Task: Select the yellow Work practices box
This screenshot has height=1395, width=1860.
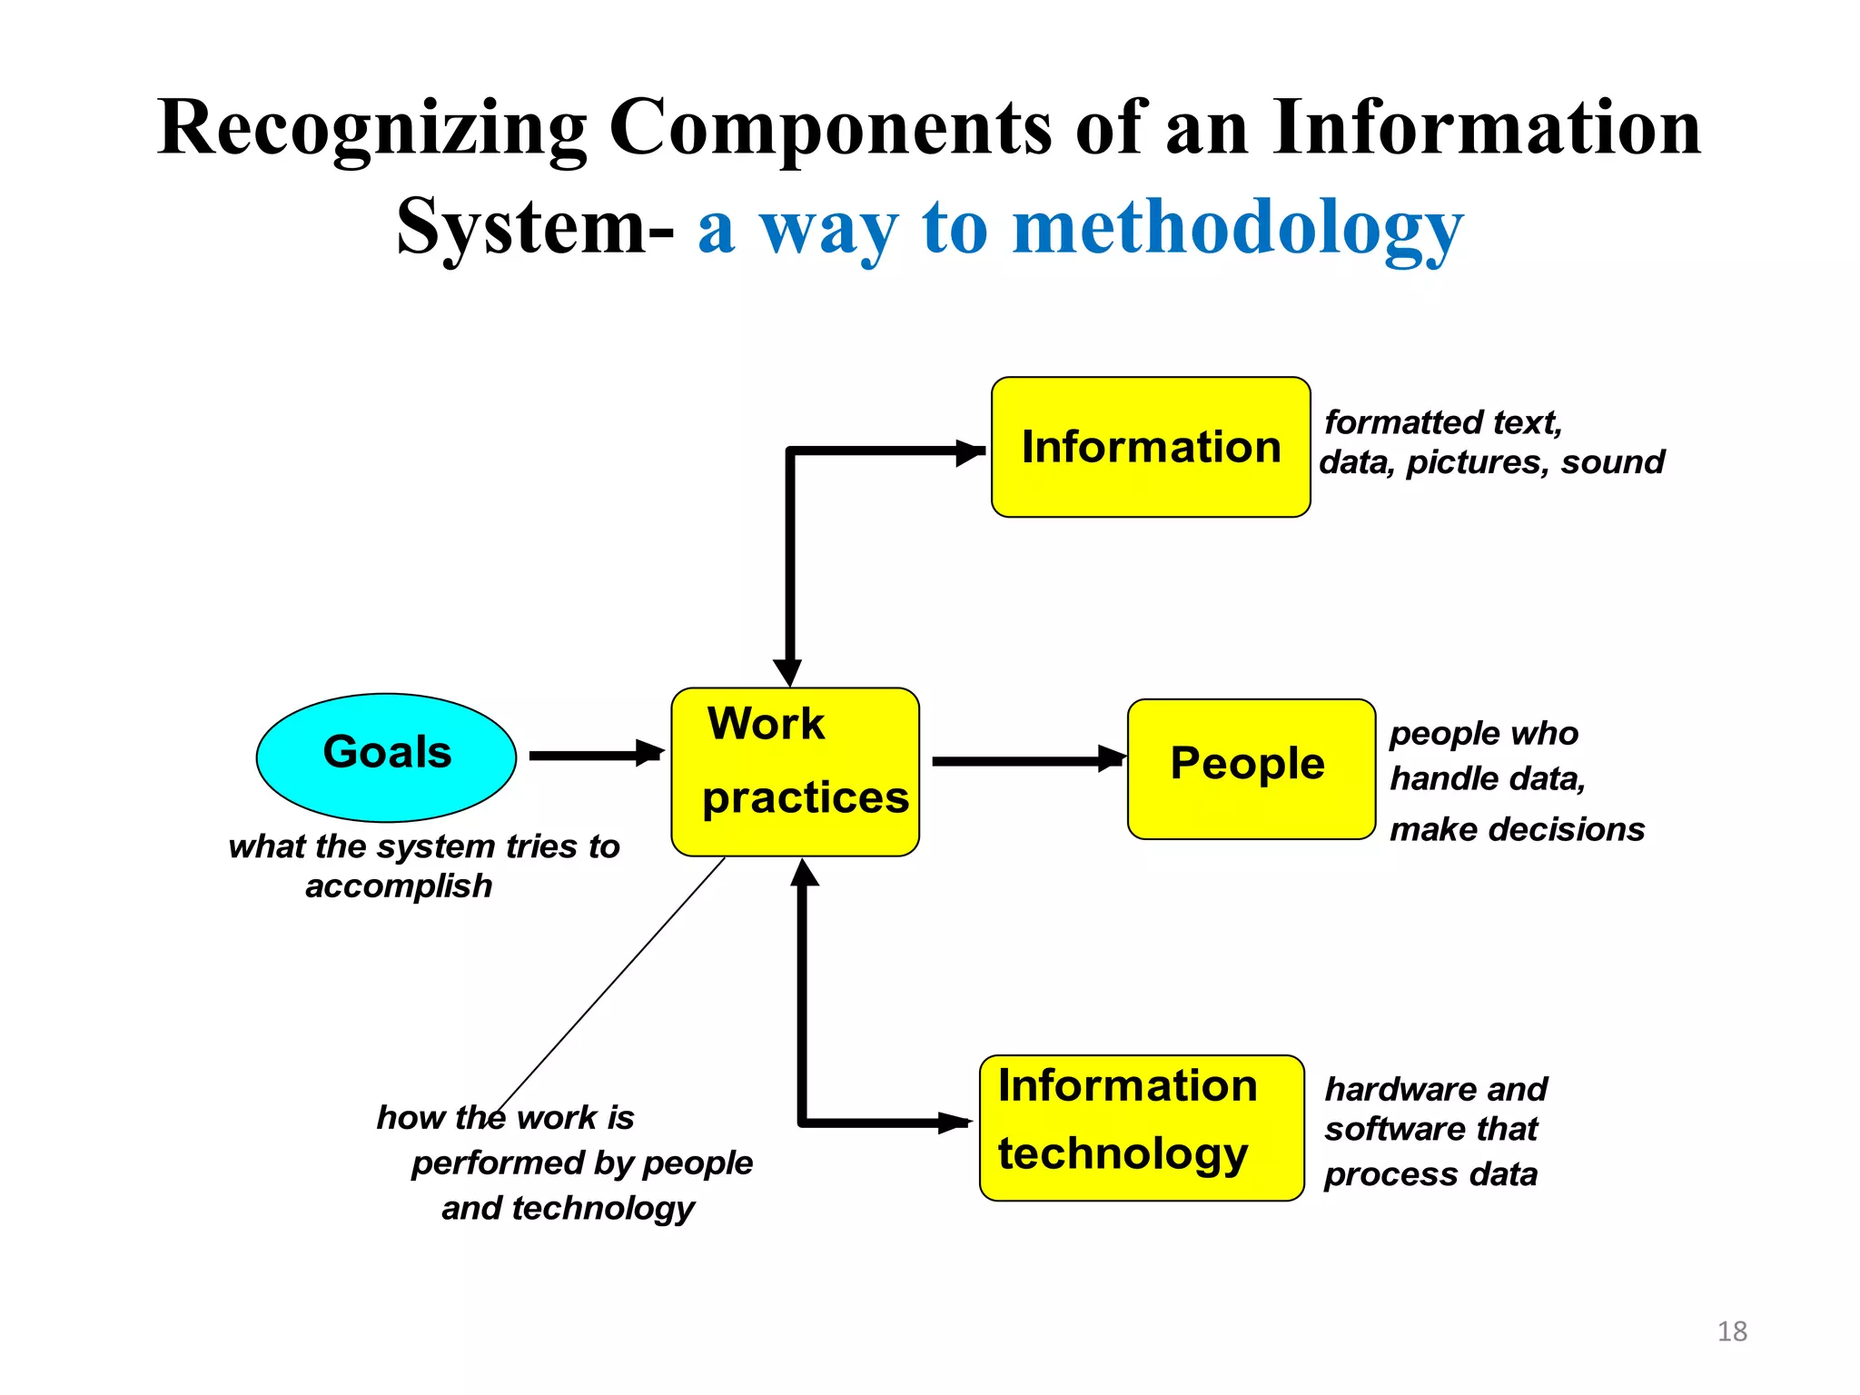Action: (795, 771)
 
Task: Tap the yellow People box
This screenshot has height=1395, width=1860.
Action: (1251, 768)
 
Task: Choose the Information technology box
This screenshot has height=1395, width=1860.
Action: (1142, 1127)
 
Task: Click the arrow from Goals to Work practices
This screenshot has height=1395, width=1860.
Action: (595, 755)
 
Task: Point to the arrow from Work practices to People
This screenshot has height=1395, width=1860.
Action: (1026, 761)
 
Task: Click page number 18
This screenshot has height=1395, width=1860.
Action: (1732, 1331)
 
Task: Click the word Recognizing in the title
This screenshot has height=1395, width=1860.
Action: (372, 129)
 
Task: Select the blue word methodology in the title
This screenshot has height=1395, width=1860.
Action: (1237, 228)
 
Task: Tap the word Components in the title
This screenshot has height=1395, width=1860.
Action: (830, 129)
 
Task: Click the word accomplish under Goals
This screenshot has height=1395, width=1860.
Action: (399, 886)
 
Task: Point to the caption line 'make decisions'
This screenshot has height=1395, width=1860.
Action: (1517, 829)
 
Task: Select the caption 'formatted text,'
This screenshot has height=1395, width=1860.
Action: (1442, 422)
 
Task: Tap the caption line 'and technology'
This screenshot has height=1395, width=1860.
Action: (568, 1208)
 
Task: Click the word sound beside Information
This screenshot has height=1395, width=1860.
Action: (1613, 462)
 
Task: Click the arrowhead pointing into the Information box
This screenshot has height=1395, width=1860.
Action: (970, 451)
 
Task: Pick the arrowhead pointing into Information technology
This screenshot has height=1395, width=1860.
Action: (955, 1123)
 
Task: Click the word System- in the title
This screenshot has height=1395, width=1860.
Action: (535, 228)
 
